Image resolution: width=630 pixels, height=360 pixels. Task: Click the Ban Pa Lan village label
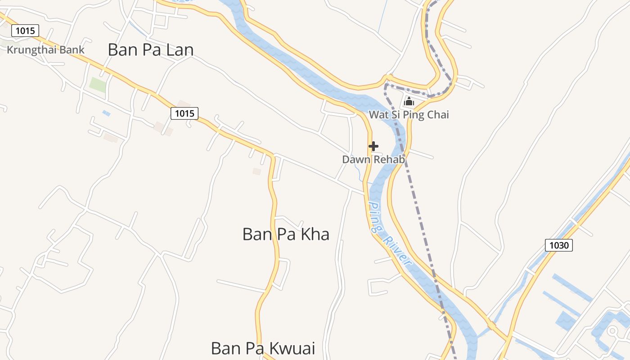tap(151, 49)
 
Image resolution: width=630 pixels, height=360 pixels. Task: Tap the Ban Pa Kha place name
tap(286, 234)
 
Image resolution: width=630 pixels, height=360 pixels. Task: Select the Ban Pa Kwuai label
tap(263, 348)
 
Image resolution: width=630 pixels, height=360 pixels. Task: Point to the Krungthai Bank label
tap(45, 49)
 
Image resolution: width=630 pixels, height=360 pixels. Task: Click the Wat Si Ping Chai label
tap(409, 115)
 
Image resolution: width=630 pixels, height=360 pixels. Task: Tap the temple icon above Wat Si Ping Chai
tap(409, 101)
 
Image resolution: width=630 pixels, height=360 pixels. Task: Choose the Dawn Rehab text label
tap(373, 159)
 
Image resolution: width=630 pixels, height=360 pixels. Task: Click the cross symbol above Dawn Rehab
tap(373, 146)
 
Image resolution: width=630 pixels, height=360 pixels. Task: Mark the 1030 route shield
tap(559, 245)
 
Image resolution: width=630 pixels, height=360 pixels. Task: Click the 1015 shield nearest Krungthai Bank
tap(25, 31)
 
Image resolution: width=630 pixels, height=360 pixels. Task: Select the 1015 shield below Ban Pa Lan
tap(184, 113)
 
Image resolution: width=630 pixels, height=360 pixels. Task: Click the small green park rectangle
tap(98, 85)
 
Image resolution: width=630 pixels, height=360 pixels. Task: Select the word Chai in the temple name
tap(439, 115)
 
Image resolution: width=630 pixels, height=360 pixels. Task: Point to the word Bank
tap(72, 49)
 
